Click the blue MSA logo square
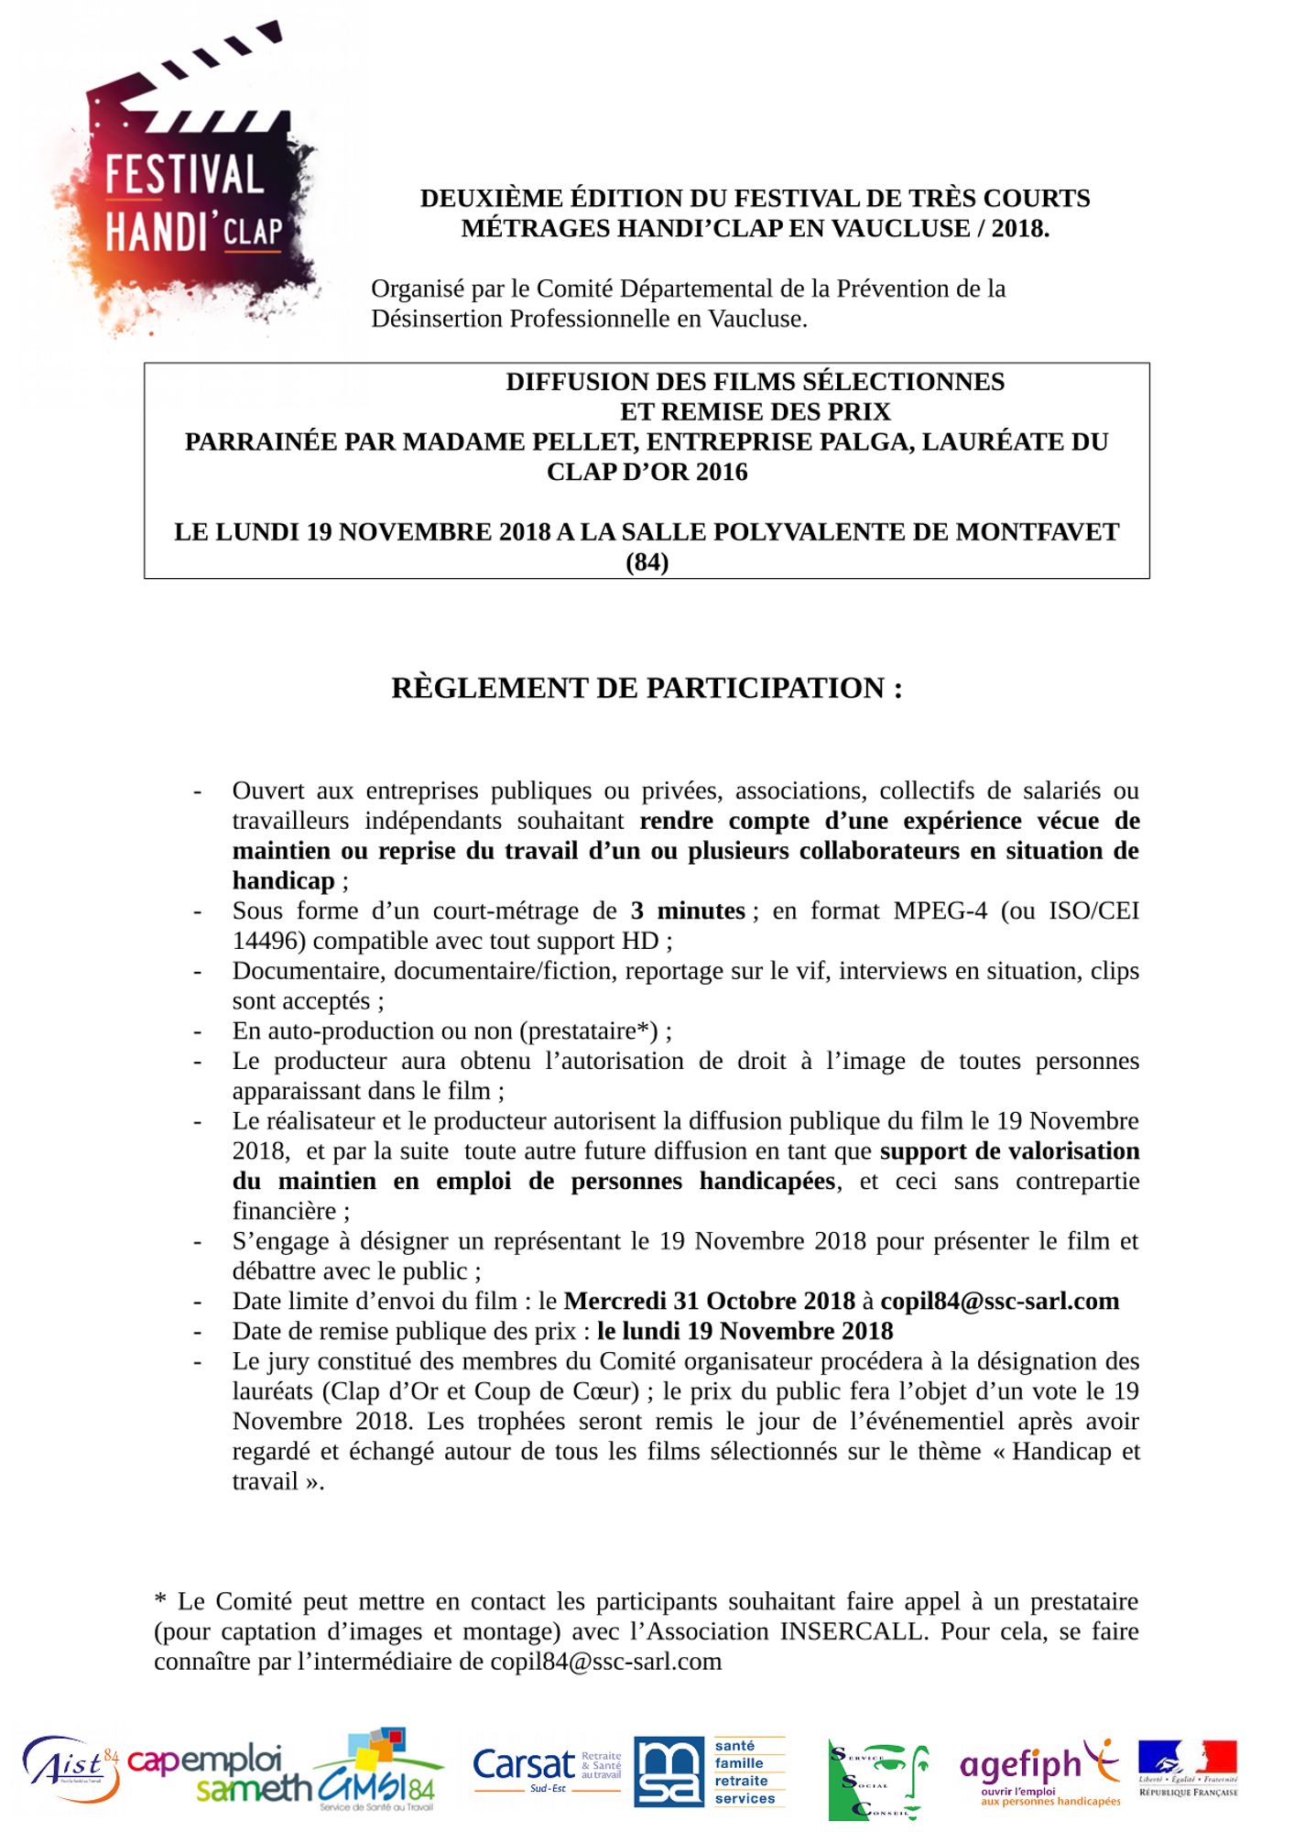pos(669,1772)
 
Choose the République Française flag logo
pos(1188,1767)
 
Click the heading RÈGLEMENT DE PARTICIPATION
pos(647,688)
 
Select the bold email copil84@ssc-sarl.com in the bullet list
pos(999,1301)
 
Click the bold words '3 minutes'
pos(688,911)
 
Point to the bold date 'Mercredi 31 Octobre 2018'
pos(709,1301)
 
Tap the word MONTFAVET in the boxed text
pos(1037,531)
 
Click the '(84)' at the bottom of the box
pos(647,562)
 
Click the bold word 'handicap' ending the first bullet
pos(283,880)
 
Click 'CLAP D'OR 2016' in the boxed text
pos(647,472)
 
